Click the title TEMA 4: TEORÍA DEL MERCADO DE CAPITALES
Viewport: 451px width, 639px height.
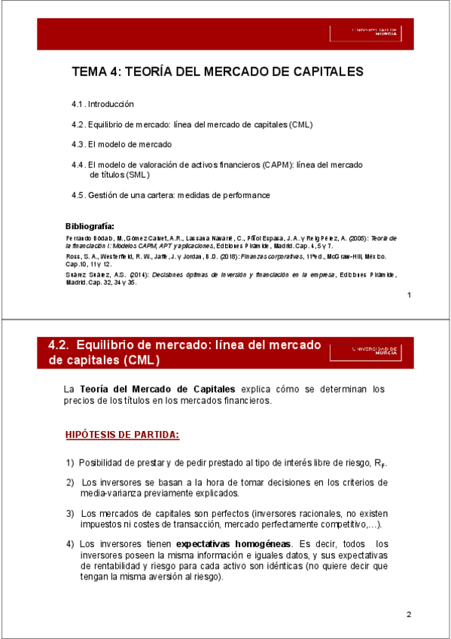pos(218,72)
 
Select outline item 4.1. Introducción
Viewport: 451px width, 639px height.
pos(102,104)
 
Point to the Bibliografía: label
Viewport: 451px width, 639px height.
pos(90,226)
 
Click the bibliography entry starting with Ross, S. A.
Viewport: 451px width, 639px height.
pos(226,260)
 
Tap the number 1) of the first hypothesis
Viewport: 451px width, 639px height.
pos(70,463)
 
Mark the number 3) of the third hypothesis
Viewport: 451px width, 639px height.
pos(70,514)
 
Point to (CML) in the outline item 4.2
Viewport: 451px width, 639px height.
pos(300,124)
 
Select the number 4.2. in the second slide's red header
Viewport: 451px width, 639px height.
pos(59,344)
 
